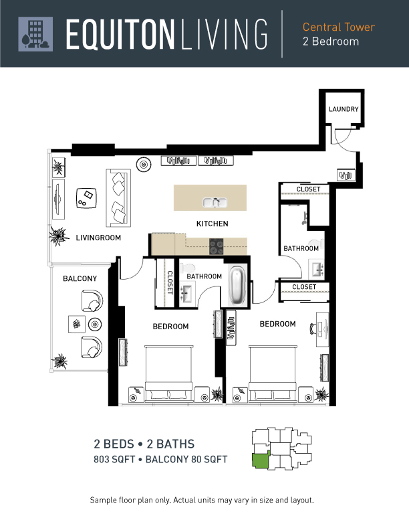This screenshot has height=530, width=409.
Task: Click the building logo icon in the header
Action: (x=35, y=34)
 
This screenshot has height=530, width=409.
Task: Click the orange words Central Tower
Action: (x=338, y=27)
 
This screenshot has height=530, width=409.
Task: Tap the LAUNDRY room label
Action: (x=344, y=109)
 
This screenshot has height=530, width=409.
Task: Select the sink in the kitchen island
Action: (x=215, y=203)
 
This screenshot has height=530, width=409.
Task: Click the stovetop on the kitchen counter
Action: (x=217, y=246)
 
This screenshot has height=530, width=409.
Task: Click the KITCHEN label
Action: (x=213, y=224)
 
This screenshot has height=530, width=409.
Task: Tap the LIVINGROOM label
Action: (x=98, y=238)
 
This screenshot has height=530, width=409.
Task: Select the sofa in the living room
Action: (x=118, y=197)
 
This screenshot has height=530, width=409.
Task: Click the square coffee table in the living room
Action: (x=86, y=198)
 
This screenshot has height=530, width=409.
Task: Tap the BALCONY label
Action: (x=80, y=278)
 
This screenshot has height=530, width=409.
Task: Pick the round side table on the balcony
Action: (x=95, y=325)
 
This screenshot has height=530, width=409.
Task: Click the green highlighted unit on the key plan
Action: (x=261, y=460)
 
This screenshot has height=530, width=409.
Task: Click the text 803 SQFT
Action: (x=114, y=459)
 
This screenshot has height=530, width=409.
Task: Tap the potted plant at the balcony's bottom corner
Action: (x=60, y=361)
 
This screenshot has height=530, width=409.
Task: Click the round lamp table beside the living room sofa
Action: (x=144, y=165)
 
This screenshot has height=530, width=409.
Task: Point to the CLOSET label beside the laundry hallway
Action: (x=308, y=189)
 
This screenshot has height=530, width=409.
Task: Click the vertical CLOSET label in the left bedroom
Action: (x=170, y=282)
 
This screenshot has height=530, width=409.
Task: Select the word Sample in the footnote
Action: (x=103, y=500)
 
